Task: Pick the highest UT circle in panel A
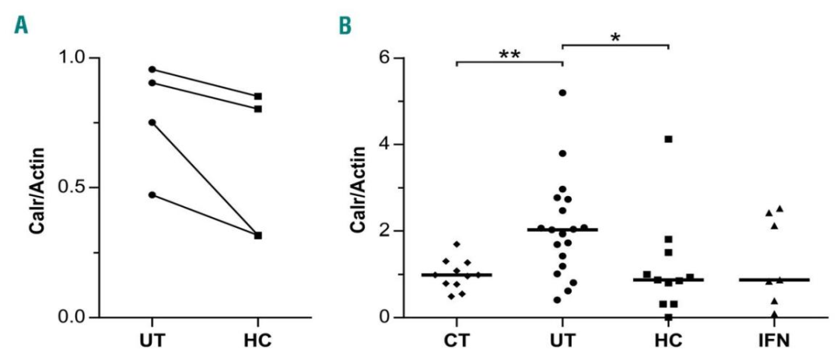coord(152,70)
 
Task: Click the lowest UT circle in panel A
coord(152,194)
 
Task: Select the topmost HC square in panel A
coord(258,96)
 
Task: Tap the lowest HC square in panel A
coord(258,235)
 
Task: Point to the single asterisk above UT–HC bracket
coord(615,37)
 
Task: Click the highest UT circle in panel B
coord(562,93)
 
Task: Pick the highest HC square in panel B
coord(668,139)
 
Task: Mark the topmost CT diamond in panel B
coord(457,245)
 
